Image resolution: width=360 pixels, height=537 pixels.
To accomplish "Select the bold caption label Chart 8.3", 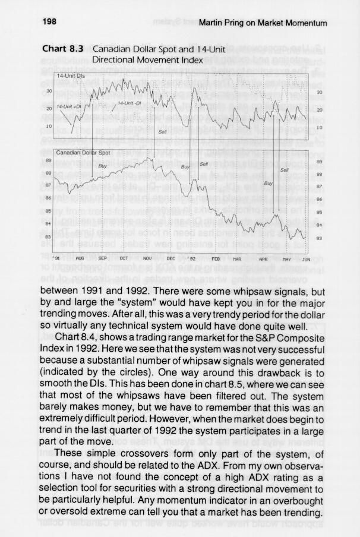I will point(65,50).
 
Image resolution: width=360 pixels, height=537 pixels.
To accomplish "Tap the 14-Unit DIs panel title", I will point(70,77).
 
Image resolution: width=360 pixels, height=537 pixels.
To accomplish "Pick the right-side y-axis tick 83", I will point(319,238).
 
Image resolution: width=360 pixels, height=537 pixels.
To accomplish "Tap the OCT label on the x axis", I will point(124,260).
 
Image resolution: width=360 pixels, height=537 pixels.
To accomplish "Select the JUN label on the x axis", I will point(306,260).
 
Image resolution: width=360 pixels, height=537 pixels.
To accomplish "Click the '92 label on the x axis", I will point(192,260).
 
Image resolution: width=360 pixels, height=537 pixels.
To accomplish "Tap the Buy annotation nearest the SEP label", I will point(102,166).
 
